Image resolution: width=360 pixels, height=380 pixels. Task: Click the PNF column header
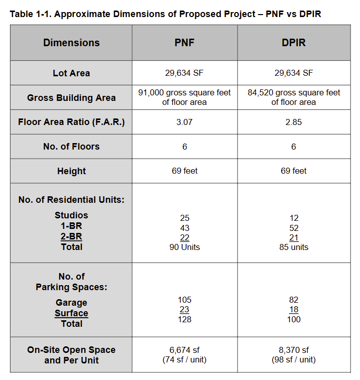(184, 43)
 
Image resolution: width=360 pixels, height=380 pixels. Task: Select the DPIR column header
(294, 43)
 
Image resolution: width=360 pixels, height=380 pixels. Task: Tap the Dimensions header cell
(71, 43)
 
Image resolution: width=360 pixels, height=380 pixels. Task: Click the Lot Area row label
(71, 73)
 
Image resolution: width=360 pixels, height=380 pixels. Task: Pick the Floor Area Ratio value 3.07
(184, 122)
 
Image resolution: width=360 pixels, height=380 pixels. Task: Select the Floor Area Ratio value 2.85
(294, 122)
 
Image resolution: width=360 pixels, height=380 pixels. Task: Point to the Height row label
(71, 171)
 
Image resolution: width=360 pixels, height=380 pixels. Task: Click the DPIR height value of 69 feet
(294, 171)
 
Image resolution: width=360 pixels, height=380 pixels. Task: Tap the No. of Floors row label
(71, 147)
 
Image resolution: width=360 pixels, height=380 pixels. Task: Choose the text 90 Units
(184, 247)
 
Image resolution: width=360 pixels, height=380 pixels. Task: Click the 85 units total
(294, 247)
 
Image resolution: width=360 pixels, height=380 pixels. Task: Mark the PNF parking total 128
(184, 319)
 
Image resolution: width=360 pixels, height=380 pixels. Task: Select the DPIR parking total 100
(294, 319)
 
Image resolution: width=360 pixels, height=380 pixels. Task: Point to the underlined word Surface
(71, 313)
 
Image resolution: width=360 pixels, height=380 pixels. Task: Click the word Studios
(71, 215)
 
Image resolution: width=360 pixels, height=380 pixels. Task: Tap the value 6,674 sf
(184, 350)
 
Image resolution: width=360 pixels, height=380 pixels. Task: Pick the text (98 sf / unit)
(294, 360)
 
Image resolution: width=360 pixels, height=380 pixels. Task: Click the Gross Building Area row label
(71, 98)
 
